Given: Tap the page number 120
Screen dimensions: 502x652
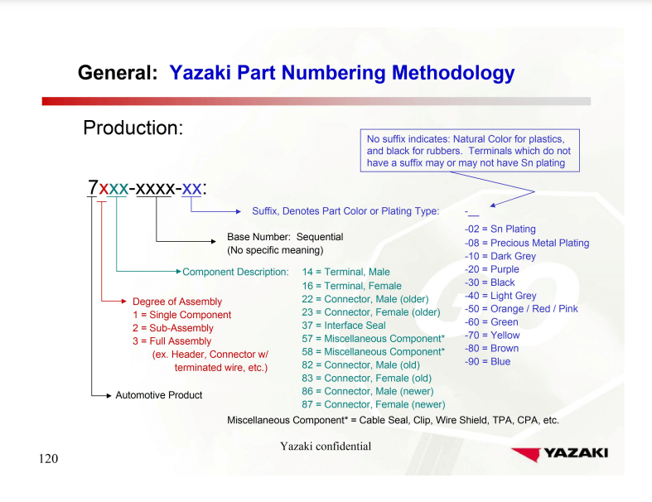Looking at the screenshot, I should tap(49, 459).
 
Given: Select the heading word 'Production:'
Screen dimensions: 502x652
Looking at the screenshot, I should tap(133, 128).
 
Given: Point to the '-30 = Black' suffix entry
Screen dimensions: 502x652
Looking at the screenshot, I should tap(490, 282).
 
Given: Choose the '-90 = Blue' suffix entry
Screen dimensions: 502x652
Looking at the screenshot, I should tap(488, 362).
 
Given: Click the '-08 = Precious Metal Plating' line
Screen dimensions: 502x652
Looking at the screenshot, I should tap(527, 243).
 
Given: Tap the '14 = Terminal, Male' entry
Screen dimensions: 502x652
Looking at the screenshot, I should tap(345, 272).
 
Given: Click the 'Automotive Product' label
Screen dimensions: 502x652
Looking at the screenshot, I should tap(158, 395).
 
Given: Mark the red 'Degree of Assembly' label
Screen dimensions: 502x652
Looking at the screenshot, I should tap(177, 302).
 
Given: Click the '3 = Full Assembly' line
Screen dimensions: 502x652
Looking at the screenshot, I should tap(172, 341).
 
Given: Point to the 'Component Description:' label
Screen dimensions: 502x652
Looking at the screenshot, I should tap(235, 272).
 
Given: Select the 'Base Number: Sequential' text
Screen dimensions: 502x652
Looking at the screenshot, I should tap(285, 237).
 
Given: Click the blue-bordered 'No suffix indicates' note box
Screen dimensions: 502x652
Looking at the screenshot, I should tap(469, 151).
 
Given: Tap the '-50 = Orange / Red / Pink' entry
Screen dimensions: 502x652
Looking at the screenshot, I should tap(521, 309).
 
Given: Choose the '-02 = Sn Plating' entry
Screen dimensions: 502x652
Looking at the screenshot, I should tap(500, 229).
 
